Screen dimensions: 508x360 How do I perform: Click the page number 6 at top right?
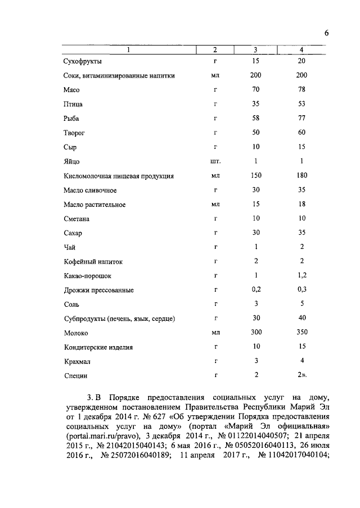coord(326,33)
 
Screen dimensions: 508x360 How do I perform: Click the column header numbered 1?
coord(128,50)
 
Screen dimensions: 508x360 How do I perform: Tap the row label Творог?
coord(74,133)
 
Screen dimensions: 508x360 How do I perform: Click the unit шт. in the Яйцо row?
coord(215,161)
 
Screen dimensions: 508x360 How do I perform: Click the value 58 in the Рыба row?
coord(255,118)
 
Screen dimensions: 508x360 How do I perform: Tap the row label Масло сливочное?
coord(90,190)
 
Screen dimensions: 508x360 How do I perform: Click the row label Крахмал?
coord(77,362)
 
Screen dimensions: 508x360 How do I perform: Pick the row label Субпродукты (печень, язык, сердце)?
coord(120,319)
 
